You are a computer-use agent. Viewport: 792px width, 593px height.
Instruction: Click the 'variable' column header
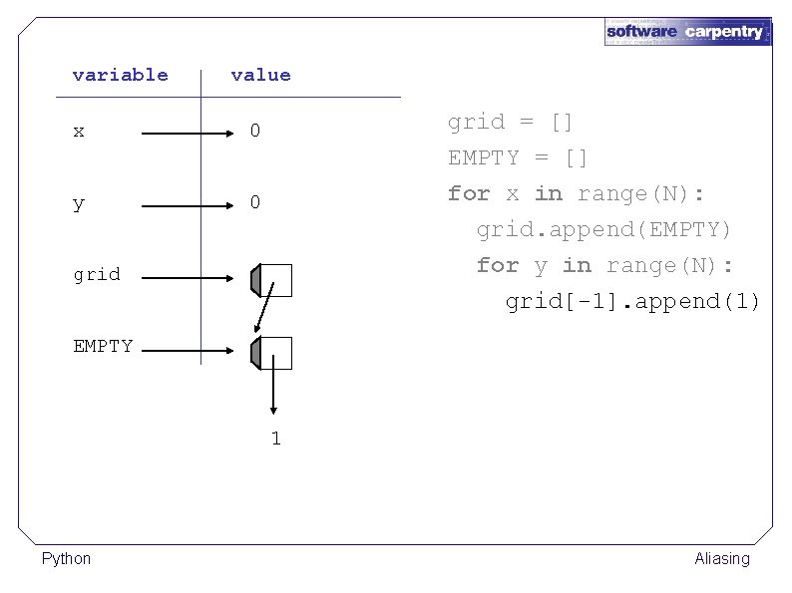pos(120,75)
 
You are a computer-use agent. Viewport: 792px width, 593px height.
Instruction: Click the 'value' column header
pos(260,75)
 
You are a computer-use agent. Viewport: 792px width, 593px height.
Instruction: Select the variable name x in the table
pos(79,132)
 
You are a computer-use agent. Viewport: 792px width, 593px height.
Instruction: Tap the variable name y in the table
pos(79,203)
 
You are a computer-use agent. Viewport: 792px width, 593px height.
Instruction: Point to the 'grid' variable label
pos(96,274)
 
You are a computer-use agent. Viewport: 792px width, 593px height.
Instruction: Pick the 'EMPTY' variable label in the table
pos(103,347)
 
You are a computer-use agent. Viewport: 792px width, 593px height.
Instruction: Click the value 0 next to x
pos(255,132)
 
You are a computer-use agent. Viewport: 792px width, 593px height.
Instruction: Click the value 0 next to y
pos(255,203)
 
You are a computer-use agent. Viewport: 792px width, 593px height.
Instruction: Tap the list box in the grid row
pos(272,280)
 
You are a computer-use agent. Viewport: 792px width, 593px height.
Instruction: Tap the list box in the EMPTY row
pos(272,352)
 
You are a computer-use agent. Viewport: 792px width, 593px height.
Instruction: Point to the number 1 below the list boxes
pos(275,439)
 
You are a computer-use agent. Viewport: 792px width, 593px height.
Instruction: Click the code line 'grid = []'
pos(510,123)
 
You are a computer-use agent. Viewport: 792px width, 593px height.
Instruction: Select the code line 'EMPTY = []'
pos(518,158)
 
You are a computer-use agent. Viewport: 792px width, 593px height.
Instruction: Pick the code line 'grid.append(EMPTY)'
pos(603,230)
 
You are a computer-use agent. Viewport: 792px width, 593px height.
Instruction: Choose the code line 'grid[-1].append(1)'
pos(632,302)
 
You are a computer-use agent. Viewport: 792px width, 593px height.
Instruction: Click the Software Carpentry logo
pos(687,32)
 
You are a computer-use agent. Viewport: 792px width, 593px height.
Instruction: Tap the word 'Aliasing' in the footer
pos(721,559)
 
